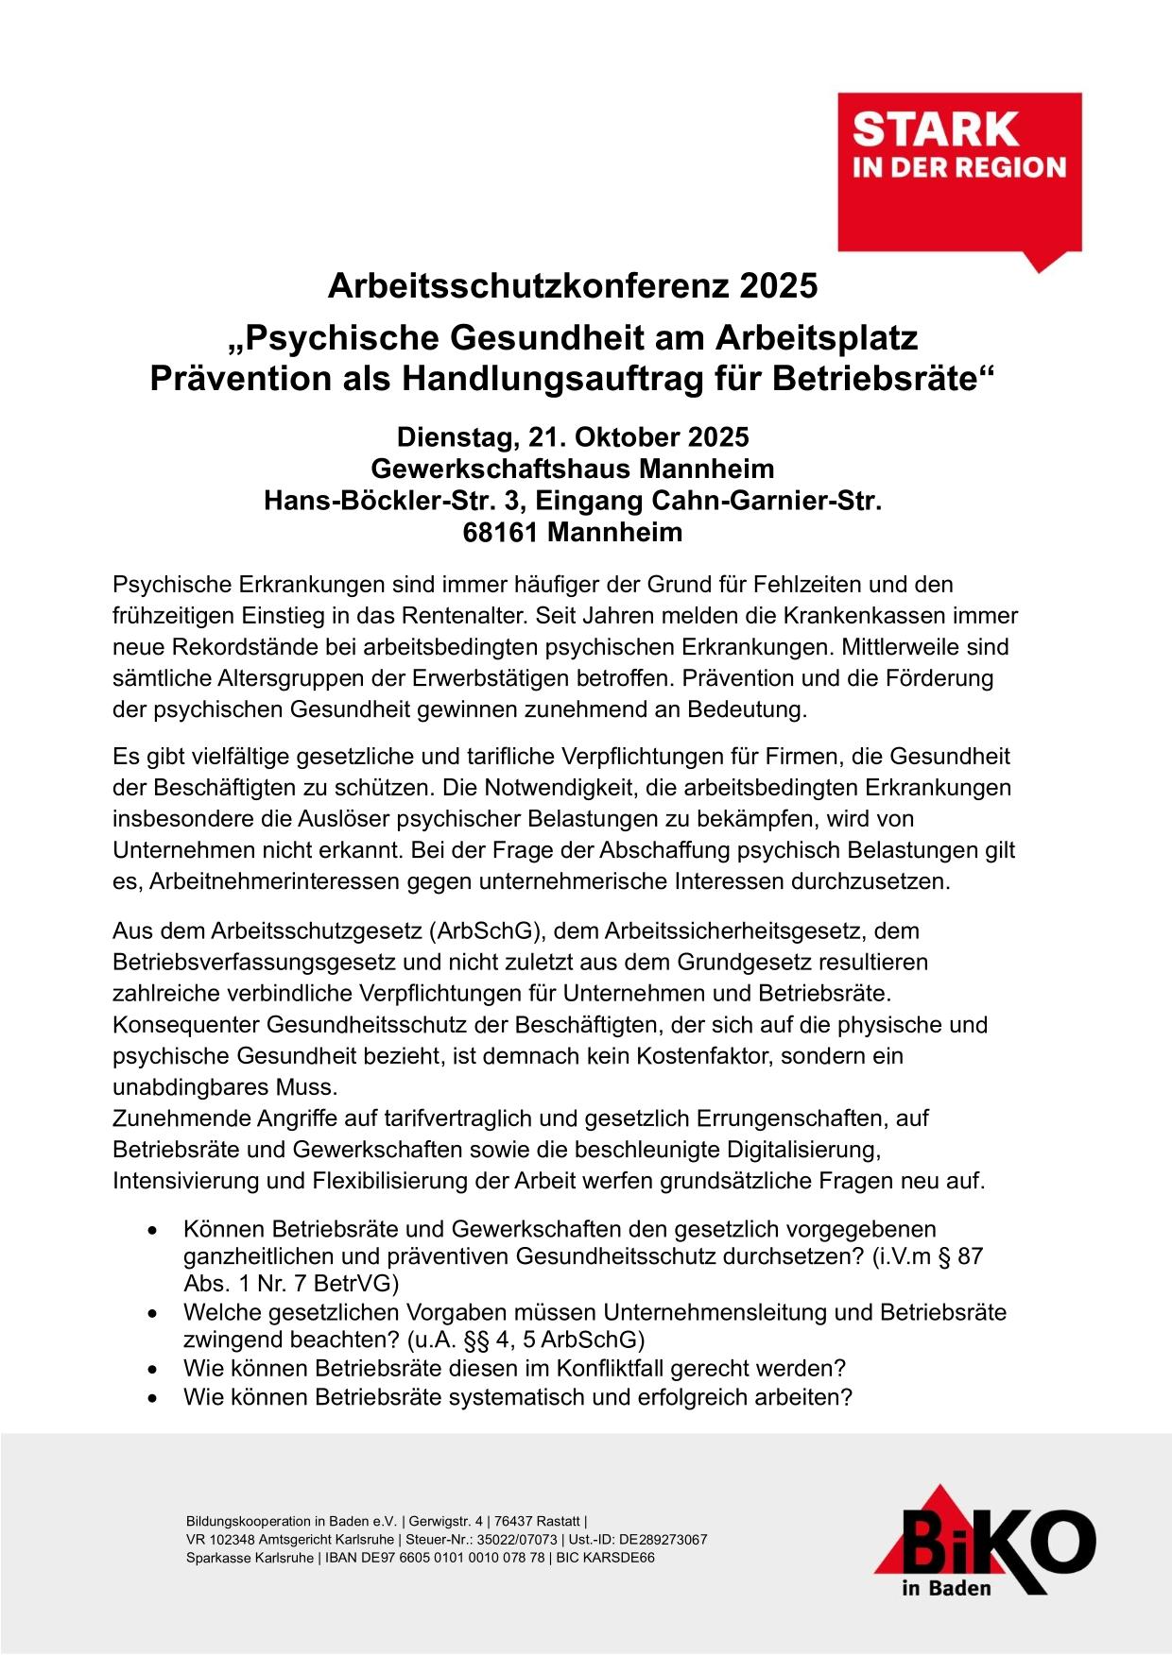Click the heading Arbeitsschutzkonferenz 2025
572,285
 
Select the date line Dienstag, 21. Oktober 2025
572,437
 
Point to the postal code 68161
500,533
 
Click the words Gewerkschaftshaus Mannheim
572,469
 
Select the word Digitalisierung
802,1150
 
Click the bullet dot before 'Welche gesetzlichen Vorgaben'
152,1314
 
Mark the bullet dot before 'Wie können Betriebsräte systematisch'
152,1397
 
